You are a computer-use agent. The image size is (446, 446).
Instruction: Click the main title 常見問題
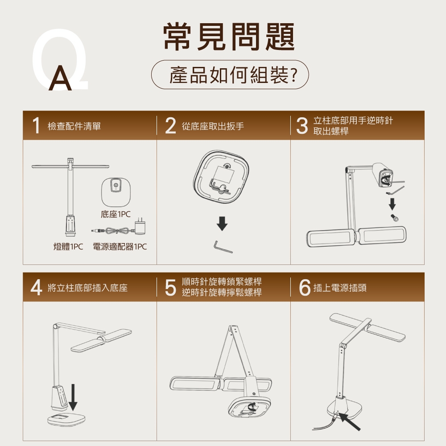[230, 37]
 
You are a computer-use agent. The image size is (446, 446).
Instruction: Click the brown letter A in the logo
[61, 80]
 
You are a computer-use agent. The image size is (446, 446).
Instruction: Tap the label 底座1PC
[116, 215]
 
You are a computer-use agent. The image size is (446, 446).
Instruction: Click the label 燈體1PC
[68, 247]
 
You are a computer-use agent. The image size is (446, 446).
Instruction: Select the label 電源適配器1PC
[120, 247]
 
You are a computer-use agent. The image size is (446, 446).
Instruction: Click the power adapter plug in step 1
[141, 227]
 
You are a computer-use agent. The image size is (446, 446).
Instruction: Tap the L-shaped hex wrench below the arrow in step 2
[222, 247]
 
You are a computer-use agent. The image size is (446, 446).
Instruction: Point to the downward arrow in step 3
[392, 204]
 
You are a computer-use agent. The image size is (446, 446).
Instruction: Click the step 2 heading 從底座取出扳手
[213, 127]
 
